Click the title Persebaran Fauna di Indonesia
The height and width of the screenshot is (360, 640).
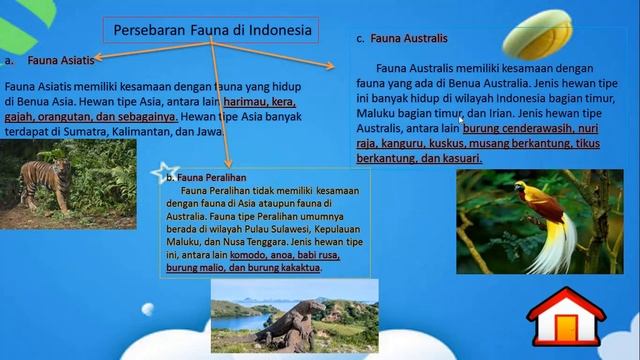(214, 30)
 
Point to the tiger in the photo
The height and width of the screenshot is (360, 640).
(45, 181)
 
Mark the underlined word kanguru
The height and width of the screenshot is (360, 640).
(400, 144)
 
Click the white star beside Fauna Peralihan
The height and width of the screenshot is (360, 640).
(158, 173)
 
